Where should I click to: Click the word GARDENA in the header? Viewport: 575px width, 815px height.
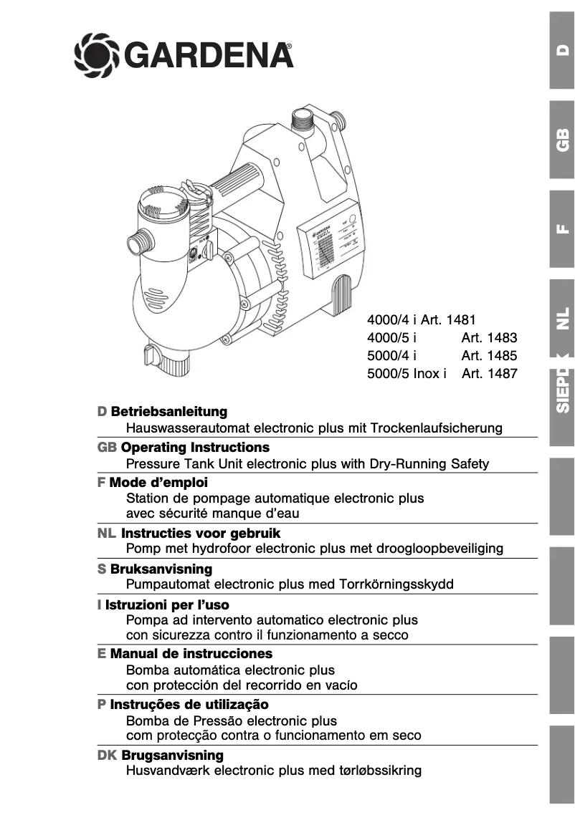[209, 55]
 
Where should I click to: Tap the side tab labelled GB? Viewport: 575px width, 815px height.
[562, 140]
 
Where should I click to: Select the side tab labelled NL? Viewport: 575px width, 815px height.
[562, 316]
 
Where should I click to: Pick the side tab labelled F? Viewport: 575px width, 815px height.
[562, 229]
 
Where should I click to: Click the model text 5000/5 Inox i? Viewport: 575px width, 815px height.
[407, 373]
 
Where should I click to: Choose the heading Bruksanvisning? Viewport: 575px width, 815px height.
[161, 569]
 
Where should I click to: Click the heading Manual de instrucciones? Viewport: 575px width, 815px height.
[191, 653]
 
